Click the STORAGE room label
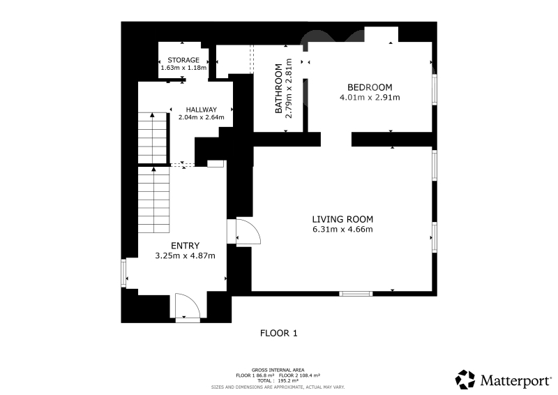click(183, 60)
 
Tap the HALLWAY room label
click(202, 110)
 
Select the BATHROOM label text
click(278, 89)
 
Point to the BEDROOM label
click(370, 87)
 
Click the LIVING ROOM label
click(342, 219)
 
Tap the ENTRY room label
click(185, 246)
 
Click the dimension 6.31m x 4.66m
click(342, 230)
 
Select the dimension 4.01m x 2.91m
click(370, 98)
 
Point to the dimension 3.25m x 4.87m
click(185, 255)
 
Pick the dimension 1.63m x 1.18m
click(183, 68)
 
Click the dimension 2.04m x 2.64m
click(202, 117)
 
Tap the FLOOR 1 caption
click(278, 334)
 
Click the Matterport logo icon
click(465, 380)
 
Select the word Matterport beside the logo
click(515, 381)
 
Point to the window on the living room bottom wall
click(356, 294)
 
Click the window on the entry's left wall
click(123, 273)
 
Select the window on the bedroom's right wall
click(435, 89)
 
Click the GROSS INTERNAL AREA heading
click(278, 370)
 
